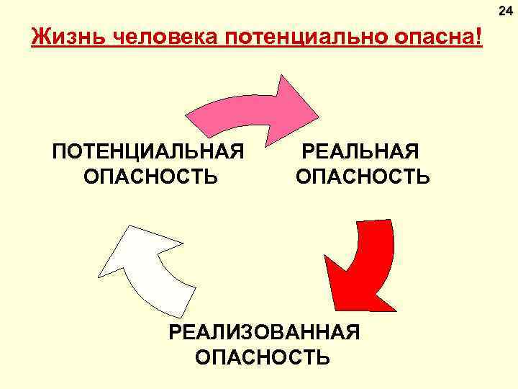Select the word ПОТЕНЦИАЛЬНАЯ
pyautogui.click(x=148, y=152)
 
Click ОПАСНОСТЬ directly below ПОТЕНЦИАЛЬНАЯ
pyautogui.click(x=150, y=176)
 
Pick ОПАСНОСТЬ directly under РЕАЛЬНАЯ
pyautogui.click(x=363, y=176)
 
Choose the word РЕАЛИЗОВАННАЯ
pyautogui.click(x=263, y=332)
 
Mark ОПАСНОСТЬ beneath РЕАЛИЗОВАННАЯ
pyautogui.click(x=263, y=357)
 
